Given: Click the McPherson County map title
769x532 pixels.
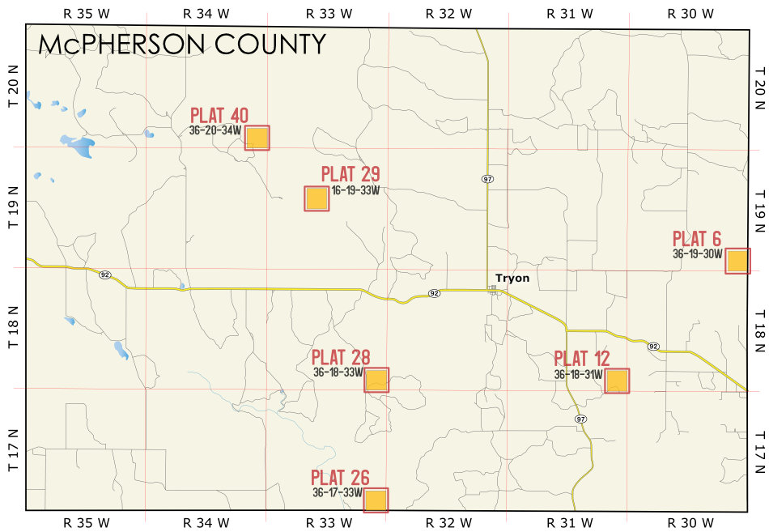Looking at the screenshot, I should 182,45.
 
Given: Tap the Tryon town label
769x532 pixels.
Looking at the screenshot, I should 512,279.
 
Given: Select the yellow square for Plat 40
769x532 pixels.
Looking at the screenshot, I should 257,138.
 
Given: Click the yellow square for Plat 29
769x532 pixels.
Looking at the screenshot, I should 317,198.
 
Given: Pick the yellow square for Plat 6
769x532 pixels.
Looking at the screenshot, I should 737,261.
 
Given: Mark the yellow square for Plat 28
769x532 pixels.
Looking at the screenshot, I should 376,380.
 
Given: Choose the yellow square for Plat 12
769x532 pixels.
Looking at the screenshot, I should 617,381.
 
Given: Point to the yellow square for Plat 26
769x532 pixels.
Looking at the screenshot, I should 376,500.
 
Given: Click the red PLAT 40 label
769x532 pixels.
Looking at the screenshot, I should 219,116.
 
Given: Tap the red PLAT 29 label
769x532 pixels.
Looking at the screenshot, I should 351,174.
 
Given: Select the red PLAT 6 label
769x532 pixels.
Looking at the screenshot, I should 697,239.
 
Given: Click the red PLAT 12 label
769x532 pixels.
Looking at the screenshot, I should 582,359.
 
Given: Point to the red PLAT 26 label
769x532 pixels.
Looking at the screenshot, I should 341,478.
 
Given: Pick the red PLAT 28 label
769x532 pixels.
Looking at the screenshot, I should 341,357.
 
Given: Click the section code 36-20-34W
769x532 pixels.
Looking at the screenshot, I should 215,130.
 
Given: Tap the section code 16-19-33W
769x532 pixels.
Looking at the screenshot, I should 355,190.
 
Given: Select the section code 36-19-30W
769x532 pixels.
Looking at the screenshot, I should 697,253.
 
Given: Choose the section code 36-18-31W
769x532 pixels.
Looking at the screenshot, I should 578,374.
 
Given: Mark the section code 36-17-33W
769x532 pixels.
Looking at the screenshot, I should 337,492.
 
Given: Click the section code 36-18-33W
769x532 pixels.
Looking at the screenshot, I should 338,372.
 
